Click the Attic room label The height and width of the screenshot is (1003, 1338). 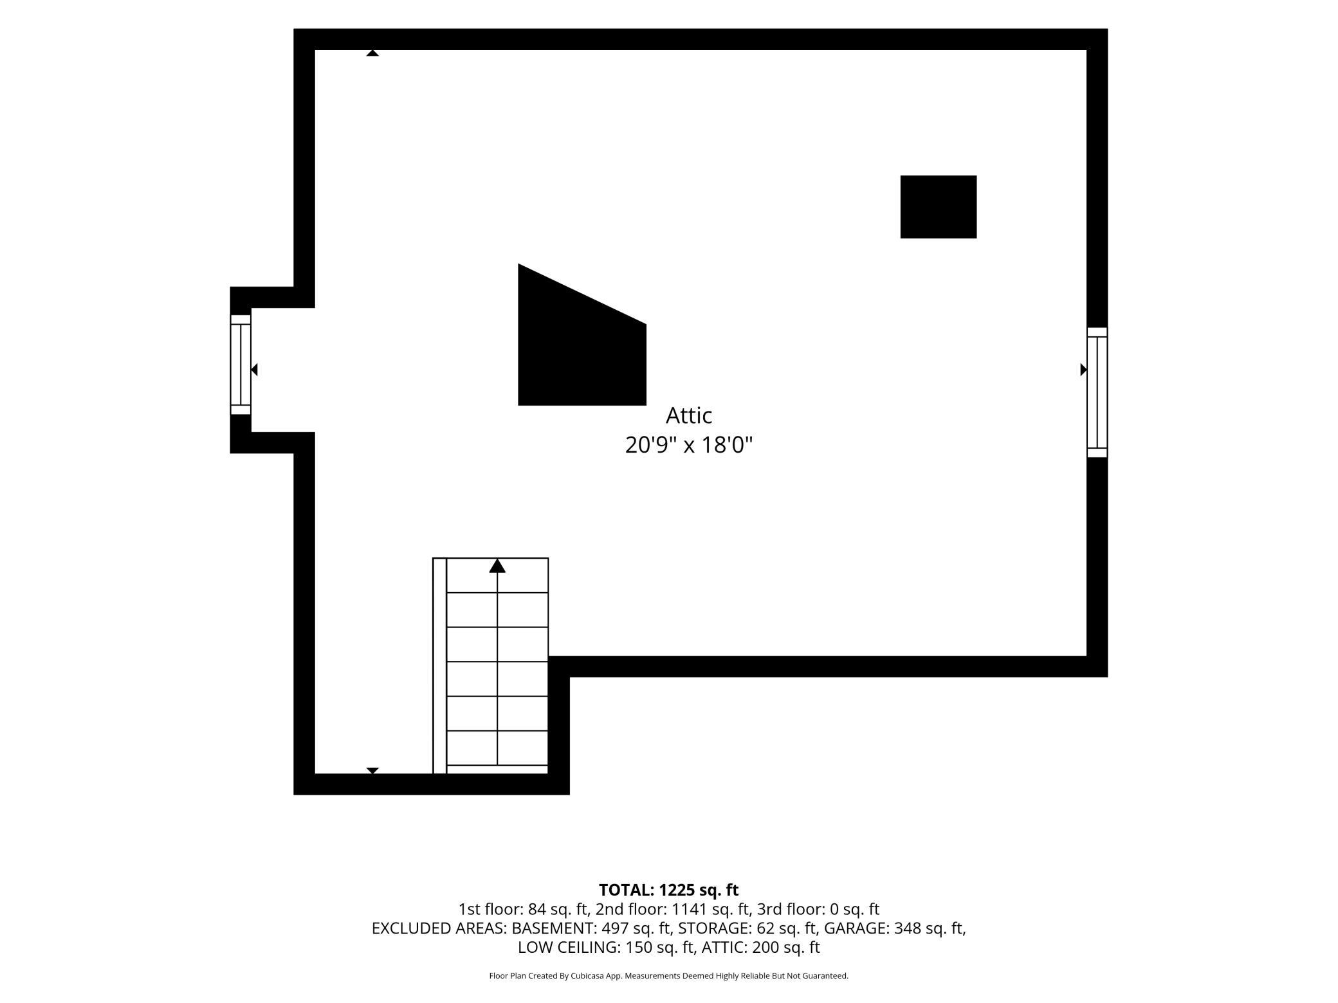coord(688,415)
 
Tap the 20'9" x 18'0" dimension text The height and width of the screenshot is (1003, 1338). coord(688,445)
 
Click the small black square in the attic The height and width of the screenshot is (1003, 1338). coord(938,206)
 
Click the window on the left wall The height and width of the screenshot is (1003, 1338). coord(241,365)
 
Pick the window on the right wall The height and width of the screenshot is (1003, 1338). coord(1097,392)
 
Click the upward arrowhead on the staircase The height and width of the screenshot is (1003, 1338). coord(497,566)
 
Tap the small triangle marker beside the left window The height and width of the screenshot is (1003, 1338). coord(254,370)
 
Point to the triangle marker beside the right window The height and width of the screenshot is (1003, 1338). coord(1083,370)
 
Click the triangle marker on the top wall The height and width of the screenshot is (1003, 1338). coord(372,53)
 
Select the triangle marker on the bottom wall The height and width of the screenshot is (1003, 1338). coord(372,770)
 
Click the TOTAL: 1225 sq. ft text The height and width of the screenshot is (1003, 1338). coord(668,890)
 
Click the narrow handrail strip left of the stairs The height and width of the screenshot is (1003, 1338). coord(439,665)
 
